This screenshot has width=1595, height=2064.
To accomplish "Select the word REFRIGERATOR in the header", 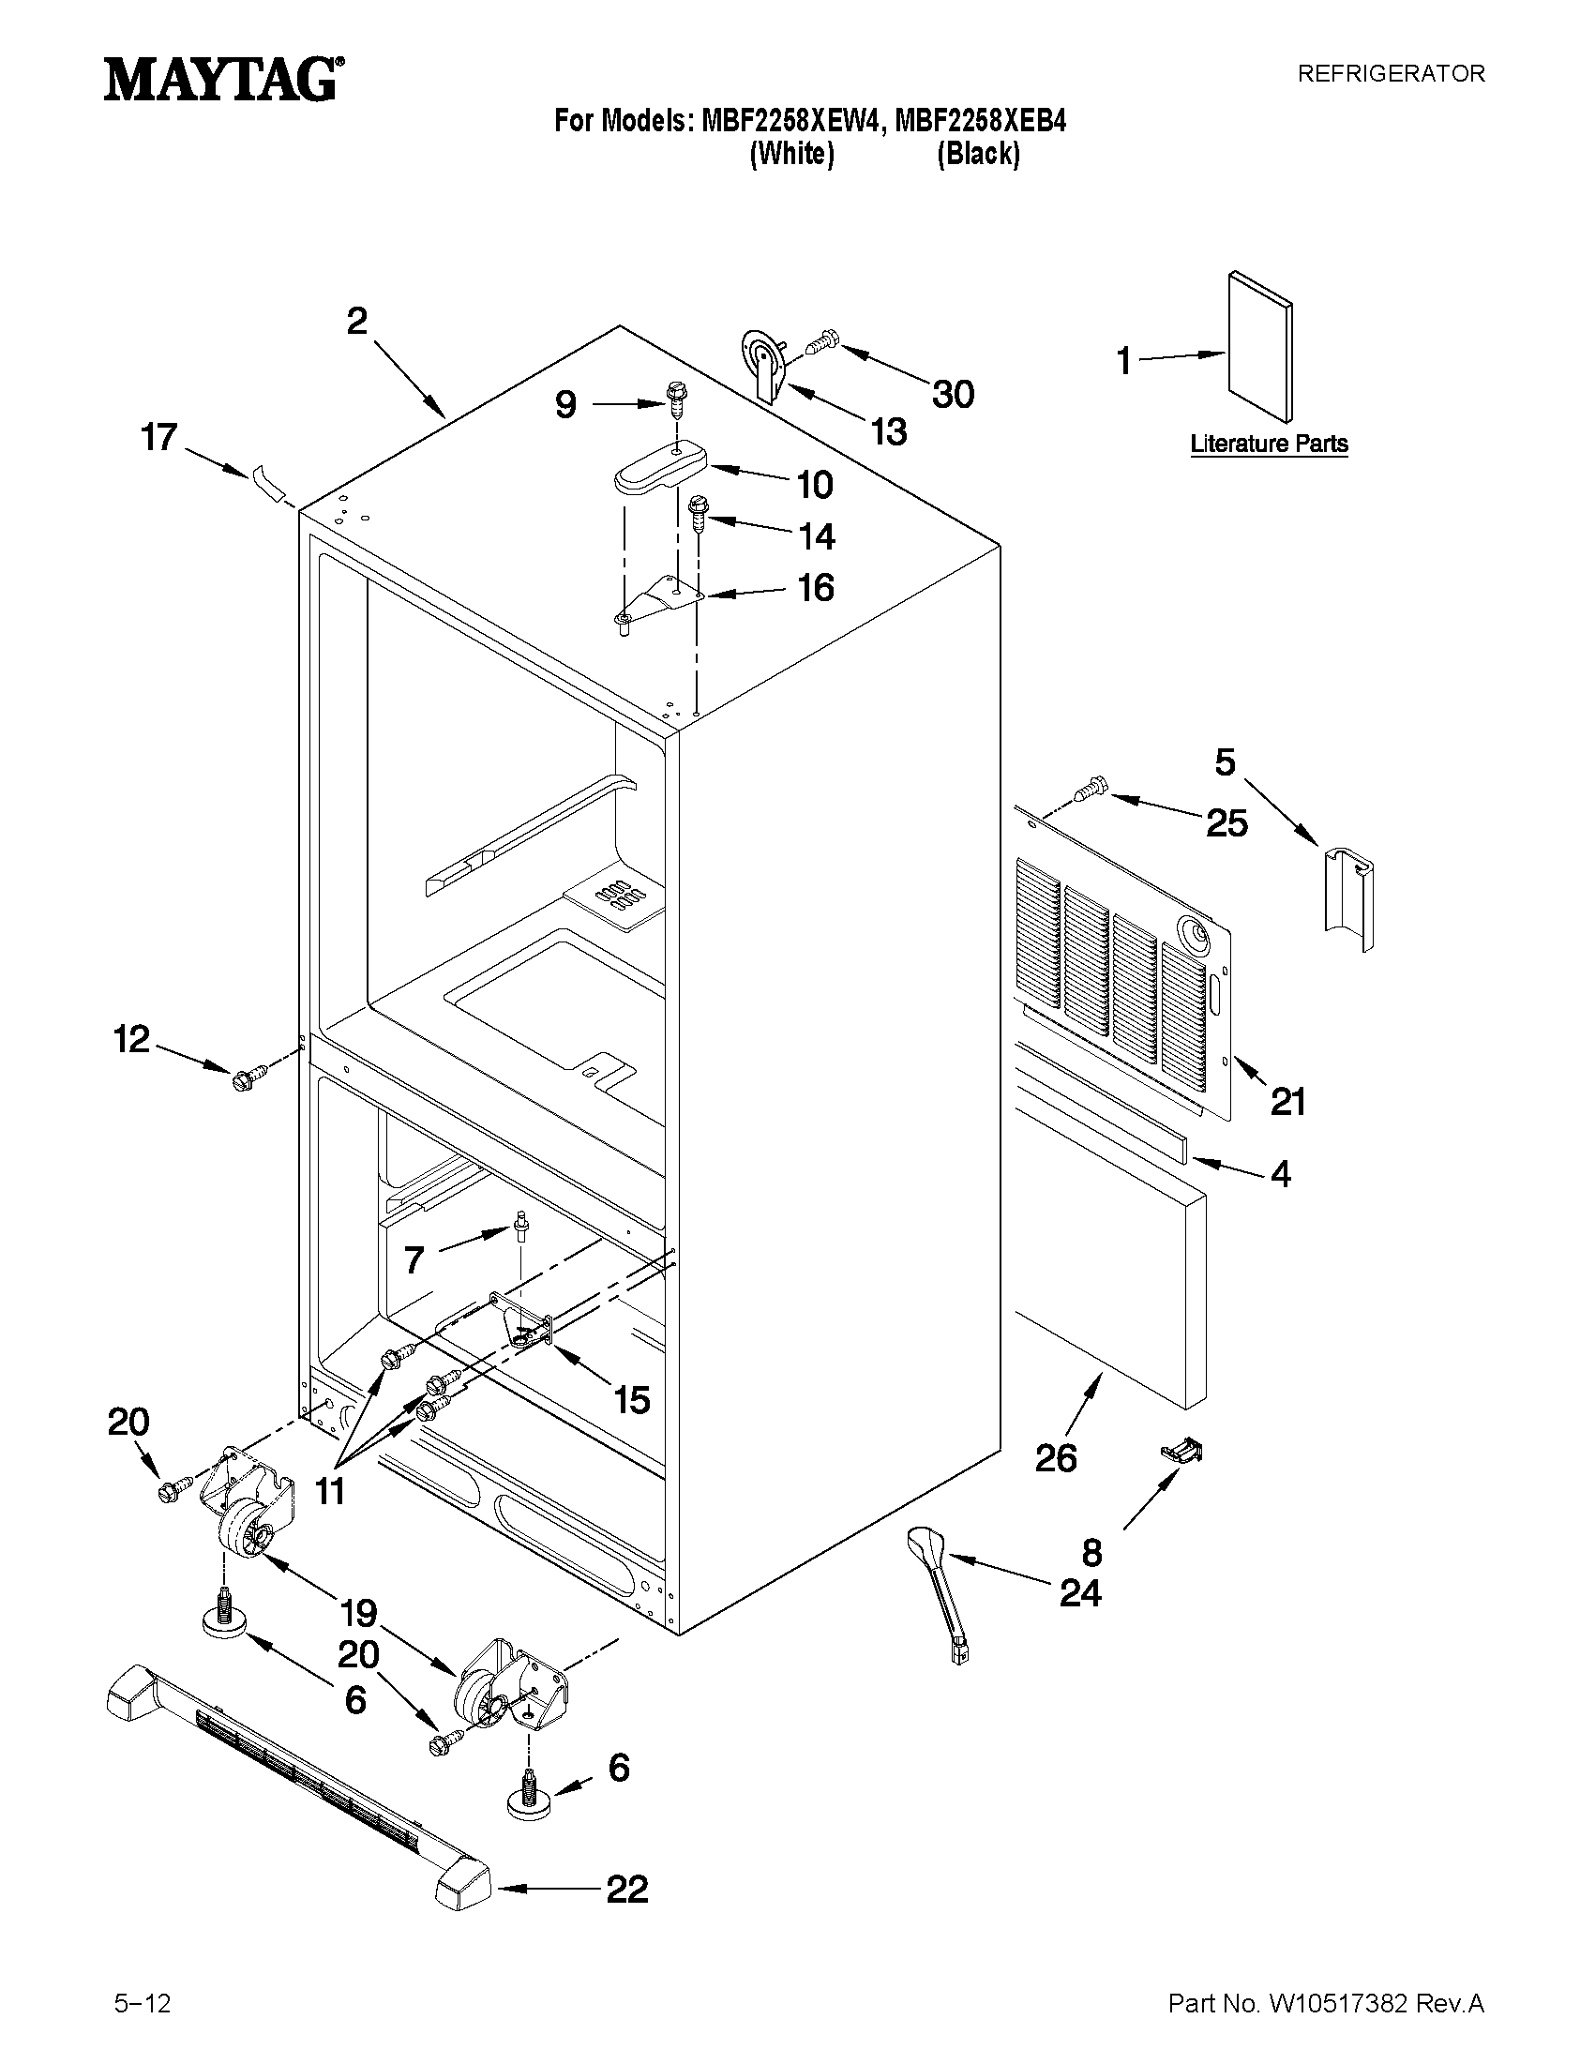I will click(1390, 74).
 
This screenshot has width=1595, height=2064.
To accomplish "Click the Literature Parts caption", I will click(1268, 444).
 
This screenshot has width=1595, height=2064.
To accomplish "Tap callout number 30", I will click(953, 394).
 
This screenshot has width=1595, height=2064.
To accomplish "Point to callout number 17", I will click(158, 438).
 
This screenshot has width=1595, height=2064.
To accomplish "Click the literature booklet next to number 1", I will click(1259, 346).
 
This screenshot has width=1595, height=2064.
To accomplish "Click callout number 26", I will click(1056, 1458).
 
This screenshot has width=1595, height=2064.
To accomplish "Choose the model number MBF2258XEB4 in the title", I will click(980, 122).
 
